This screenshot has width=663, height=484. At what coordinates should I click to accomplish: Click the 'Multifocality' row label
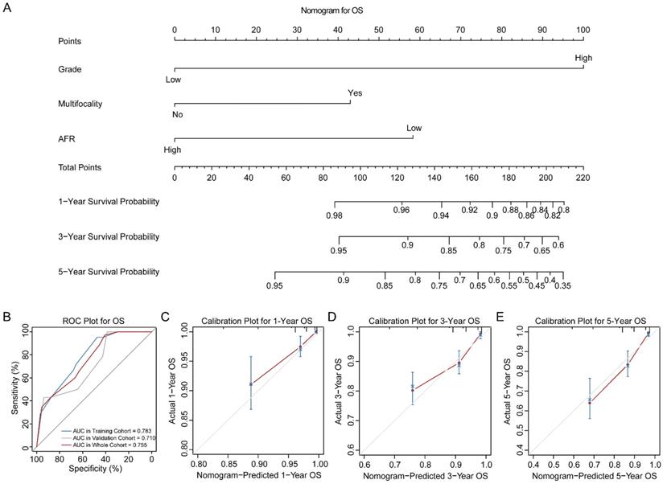pyautogui.click(x=80, y=105)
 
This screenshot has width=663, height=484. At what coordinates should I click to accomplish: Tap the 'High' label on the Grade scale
pyautogui.click(x=583, y=58)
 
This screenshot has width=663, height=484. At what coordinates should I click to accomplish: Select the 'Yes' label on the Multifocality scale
pyautogui.click(x=355, y=93)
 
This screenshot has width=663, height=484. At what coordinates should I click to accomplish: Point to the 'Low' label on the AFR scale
pyautogui.click(x=414, y=128)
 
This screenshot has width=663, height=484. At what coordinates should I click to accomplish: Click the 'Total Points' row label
pyautogui.click(x=80, y=167)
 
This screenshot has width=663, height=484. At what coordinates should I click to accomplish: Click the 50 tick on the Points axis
pyautogui.click(x=379, y=30)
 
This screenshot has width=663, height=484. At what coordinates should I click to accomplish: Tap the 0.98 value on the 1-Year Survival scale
pyautogui.click(x=335, y=215)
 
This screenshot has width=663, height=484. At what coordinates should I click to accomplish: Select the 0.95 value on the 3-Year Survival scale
pyautogui.click(x=339, y=251)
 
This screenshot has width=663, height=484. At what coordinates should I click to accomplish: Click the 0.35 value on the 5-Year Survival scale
pyautogui.click(x=562, y=285)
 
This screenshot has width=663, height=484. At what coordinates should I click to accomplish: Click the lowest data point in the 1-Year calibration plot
pyautogui.click(x=251, y=384)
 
